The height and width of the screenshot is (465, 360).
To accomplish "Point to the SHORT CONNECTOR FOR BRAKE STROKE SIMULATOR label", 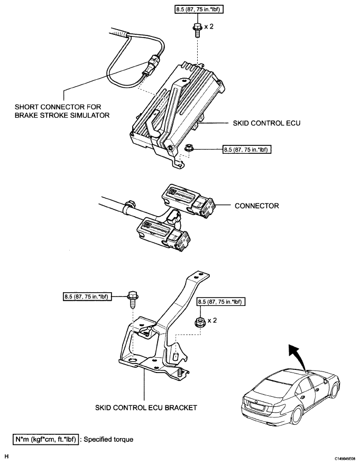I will (62, 111).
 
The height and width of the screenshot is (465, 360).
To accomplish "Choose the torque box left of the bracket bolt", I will (87, 296).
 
